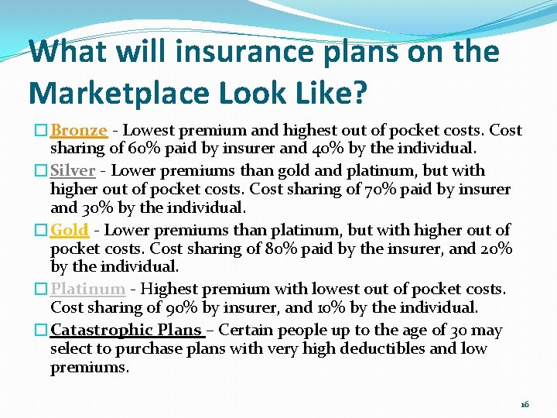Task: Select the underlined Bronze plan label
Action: point(79,130)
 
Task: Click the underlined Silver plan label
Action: point(73,170)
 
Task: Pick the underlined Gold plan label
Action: point(70,230)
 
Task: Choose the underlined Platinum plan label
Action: point(87,290)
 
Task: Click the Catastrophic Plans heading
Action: point(127,330)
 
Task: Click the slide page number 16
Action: point(525,404)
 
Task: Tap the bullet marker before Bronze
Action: point(44,131)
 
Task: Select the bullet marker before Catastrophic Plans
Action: point(44,331)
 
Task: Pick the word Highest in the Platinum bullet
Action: point(169,290)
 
